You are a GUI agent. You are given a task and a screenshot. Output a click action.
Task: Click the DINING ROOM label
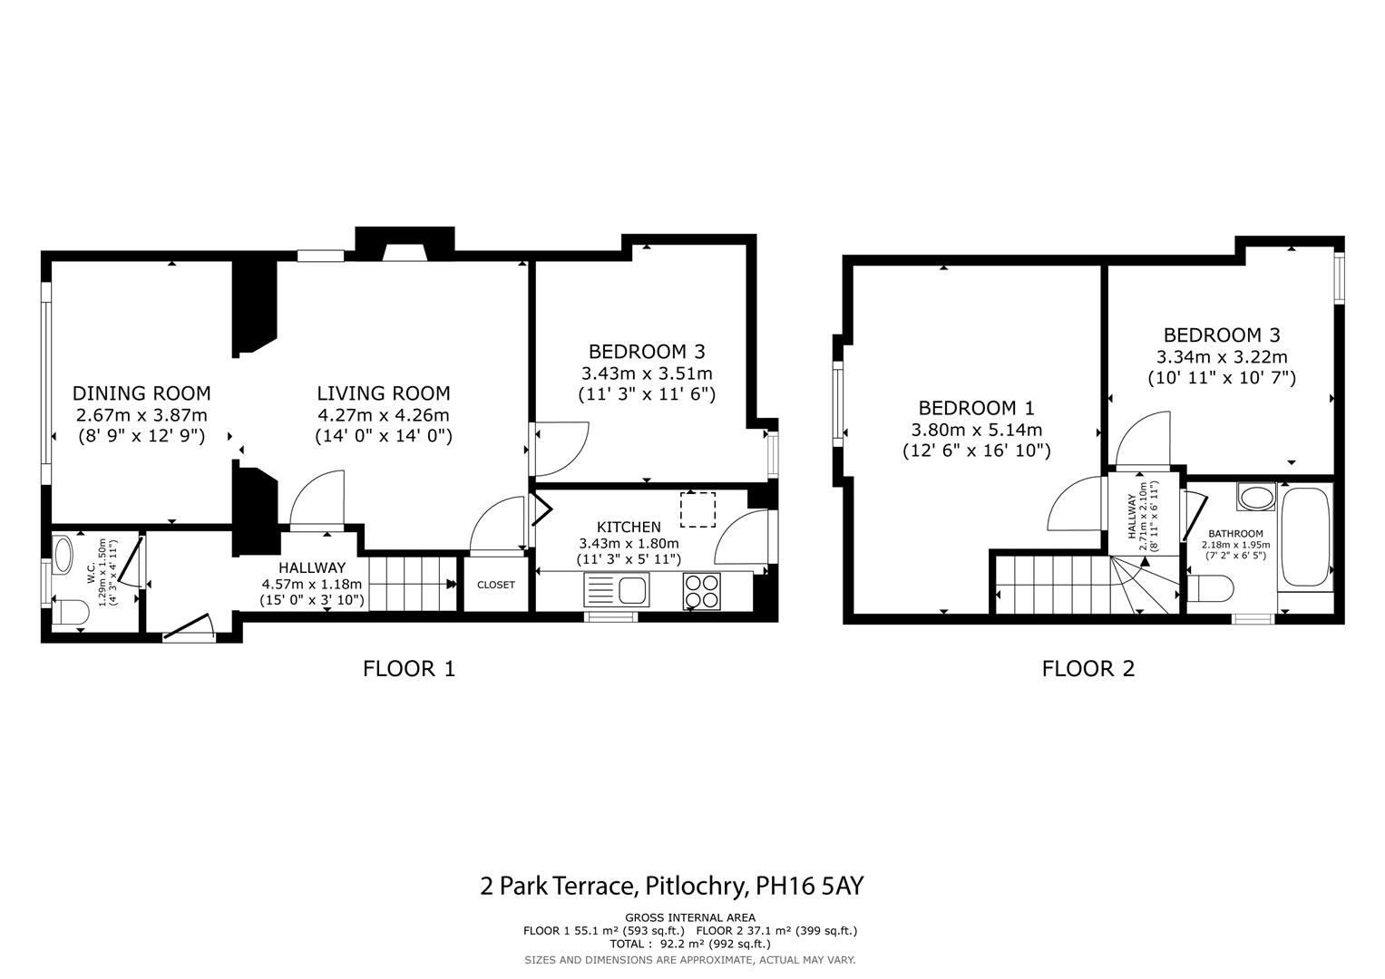(x=141, y=393)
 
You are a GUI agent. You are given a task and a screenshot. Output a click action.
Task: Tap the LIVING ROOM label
(x=383, y=393)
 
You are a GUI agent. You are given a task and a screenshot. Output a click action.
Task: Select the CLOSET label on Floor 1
(x=495, y=585)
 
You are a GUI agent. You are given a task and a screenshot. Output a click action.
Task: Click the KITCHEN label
(x=629, y=527)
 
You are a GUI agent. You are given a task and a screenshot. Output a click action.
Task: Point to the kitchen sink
(x=618, y=591)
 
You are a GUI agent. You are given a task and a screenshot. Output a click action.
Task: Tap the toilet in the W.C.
(x=69, y=613)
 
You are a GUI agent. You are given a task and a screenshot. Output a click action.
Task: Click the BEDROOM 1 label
(x=976, y=408)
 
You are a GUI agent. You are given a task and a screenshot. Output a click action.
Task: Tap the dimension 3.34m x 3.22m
(x=1221, y=357)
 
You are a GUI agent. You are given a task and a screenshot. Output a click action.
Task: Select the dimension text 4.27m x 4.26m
(x=383, y=415)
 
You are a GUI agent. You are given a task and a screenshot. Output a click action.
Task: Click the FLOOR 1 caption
(x=408, y=669)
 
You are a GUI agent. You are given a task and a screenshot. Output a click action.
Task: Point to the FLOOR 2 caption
(x=1088, y=669)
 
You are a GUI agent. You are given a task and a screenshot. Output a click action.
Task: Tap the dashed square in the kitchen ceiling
(x=697, y=509)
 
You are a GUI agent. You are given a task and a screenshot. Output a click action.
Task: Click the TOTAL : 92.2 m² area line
(x=690, y=944)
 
